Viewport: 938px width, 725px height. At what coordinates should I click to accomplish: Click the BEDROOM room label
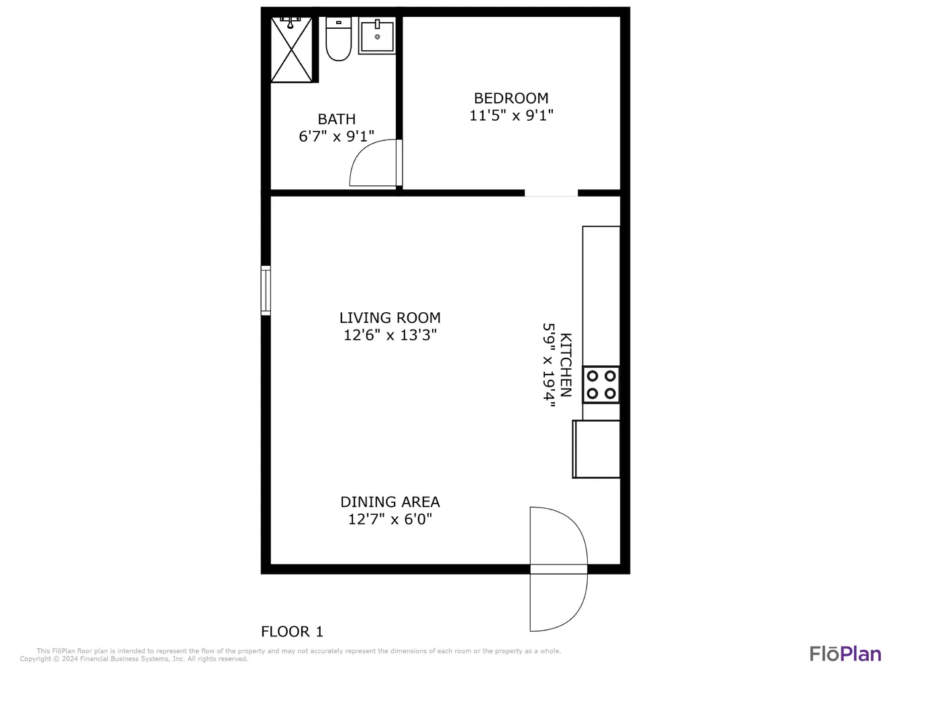coord(511,99)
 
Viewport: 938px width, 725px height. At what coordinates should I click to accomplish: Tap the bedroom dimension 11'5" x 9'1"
coord(511,115)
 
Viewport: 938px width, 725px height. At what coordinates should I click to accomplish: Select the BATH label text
coord(336,119)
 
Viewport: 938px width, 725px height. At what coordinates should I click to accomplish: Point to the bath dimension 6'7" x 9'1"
coord(336,136)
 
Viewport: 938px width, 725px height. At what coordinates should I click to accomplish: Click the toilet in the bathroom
coord(338,39)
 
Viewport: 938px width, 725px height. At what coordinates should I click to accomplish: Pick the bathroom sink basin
coord(377,36)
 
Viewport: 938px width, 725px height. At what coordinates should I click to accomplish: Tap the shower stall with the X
coord(291,49)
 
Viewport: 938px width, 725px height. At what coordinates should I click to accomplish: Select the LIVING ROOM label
coord(390,318)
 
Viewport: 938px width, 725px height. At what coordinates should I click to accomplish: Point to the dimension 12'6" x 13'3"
coord(390,335)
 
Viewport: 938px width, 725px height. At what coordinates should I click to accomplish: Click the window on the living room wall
coord(266,291)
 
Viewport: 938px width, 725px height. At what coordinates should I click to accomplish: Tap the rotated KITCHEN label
coord(566,365)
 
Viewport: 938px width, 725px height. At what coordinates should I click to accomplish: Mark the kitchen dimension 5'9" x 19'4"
coord(549,365)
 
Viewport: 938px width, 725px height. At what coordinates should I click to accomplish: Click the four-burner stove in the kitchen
coord(601,385)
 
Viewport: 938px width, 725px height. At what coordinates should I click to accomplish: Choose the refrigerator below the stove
coord(596,449)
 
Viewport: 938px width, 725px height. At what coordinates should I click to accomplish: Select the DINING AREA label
coord(390,502)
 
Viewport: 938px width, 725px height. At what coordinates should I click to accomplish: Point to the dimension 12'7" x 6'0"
coord(390,519)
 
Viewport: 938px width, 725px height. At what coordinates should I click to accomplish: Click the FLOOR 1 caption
coord(292,632)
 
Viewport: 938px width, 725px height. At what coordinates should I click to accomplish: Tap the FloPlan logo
coord(845,654)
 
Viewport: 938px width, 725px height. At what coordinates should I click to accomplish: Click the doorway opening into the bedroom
coord(552,193)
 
